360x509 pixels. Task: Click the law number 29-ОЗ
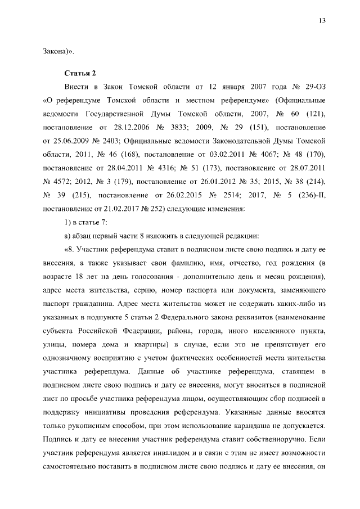point(314,88)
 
